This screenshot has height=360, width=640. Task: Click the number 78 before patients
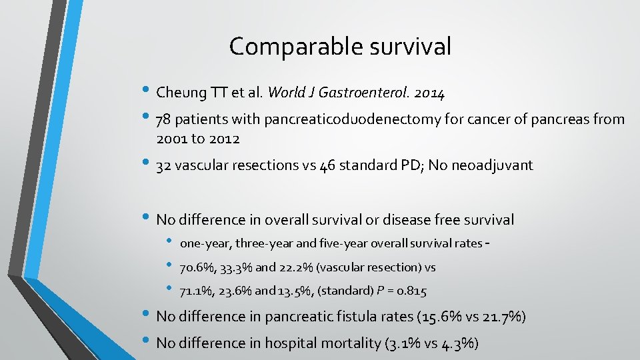tap(163, 120)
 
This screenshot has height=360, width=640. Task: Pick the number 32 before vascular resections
tap(163, 165)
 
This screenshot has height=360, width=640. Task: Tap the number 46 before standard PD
tap(328, 165)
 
